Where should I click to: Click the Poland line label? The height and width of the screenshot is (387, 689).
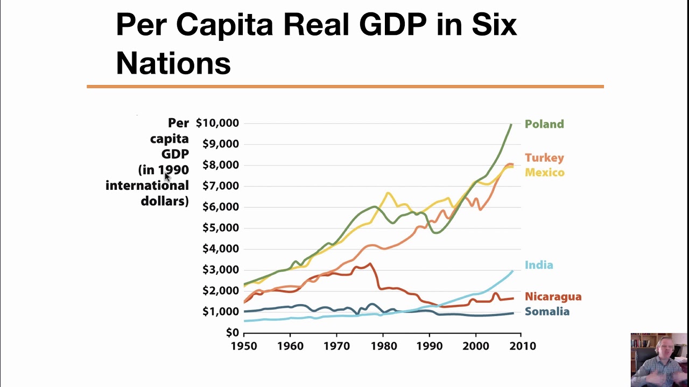coord(544,124)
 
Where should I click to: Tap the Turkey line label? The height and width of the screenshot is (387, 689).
coord(544,158)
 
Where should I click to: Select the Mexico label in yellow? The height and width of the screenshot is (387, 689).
coord(544,173)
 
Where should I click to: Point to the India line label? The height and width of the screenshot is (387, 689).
coord(539,265)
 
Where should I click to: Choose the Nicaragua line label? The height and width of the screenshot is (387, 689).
coord(553,296)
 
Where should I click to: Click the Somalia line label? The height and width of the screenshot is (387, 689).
coord(547,311)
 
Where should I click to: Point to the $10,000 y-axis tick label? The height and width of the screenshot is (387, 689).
coord(217,123)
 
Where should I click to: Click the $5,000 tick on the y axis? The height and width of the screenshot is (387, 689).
coord(221,228)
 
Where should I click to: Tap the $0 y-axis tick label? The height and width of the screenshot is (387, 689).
coord(232,332)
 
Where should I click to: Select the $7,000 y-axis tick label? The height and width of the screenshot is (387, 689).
coord(221,186)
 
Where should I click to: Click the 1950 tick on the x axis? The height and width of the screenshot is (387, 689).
coord(244,346)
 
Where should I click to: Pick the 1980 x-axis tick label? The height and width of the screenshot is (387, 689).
coord(383,346)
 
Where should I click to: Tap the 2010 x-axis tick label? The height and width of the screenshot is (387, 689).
coord(523,346)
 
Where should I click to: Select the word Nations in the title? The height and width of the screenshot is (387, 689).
coord(173,63)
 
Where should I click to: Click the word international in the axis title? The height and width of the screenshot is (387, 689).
coord(147,185)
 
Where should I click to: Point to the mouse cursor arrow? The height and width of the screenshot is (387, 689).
coord(167,177)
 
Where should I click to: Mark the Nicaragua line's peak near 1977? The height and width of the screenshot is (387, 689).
coord(370,263)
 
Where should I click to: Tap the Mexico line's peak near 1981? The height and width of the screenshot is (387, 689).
coord(388,193)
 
